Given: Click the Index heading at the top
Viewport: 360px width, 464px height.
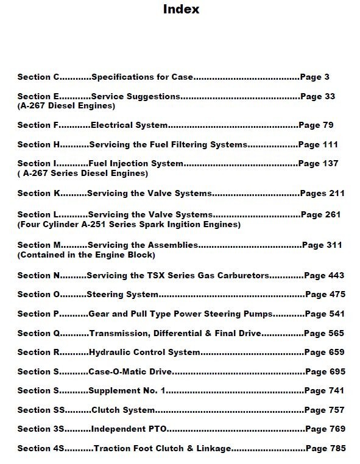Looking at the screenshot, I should (x=180, y=10).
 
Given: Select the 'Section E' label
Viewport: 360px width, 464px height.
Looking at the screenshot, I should (x=38, y=96).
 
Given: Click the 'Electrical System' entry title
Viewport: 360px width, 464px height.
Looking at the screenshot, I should (x=129, y=125).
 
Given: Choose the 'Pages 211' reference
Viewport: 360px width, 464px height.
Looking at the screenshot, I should (x=322, y=193).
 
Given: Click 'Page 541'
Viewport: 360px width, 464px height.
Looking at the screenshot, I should (x=325, y=314).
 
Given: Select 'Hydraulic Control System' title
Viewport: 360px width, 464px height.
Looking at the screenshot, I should (x=144, y=352).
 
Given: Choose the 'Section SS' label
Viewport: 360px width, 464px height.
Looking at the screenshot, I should (x=40, y=410).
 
